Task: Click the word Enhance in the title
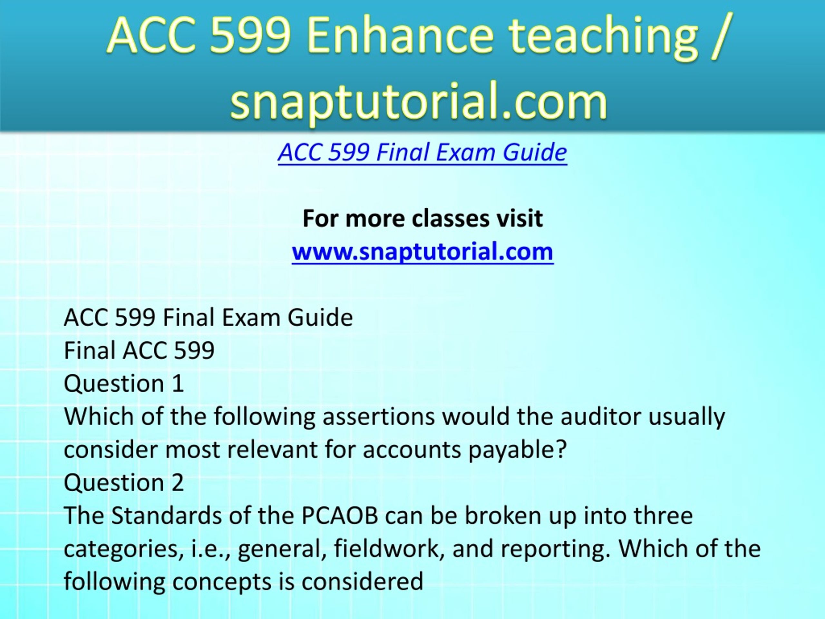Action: tap(400, 35)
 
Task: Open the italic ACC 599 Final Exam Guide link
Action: tap(422, 152)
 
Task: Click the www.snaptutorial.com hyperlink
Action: tap(422, 251)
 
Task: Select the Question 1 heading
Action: tap(124, 384)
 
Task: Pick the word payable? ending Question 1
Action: tap(518, 450)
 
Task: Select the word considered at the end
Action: tap(362, 582)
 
